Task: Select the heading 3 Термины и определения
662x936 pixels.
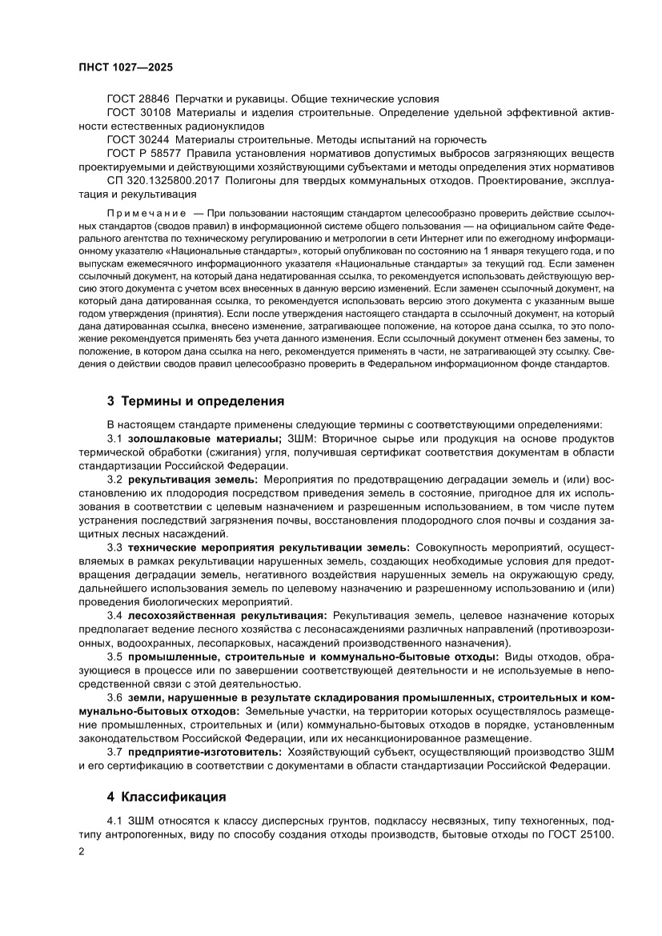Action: [194, 400]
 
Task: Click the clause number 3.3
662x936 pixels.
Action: [114, 548]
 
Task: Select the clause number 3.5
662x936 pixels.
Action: [114, 657]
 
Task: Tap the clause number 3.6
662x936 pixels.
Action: [114, 697]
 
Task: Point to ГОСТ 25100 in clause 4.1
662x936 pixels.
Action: [580, 836]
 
